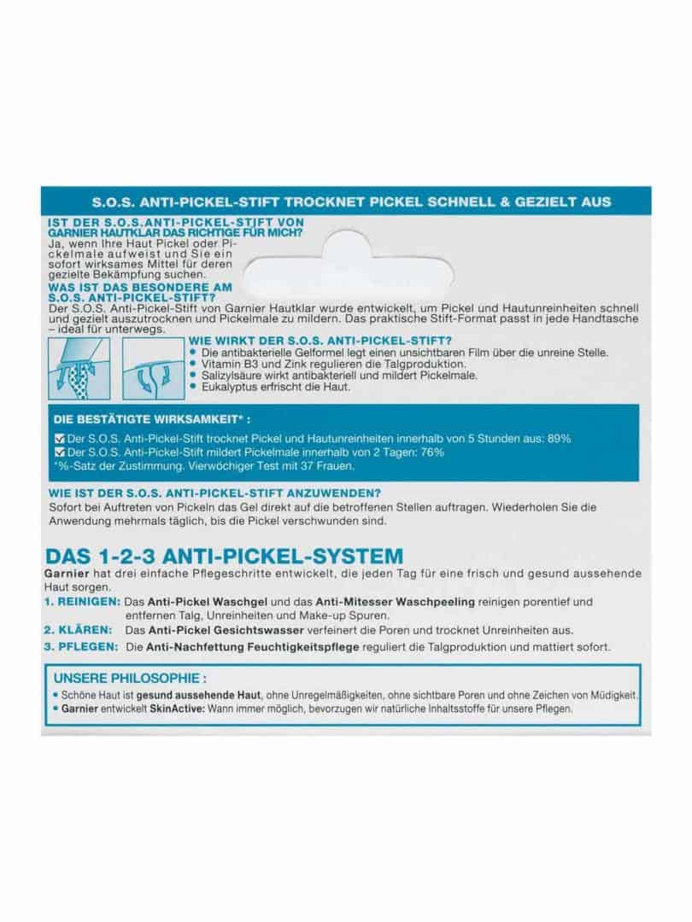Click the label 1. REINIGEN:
coord(79,603)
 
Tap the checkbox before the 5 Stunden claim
coord(59,439)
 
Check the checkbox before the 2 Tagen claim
coord(59,452)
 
